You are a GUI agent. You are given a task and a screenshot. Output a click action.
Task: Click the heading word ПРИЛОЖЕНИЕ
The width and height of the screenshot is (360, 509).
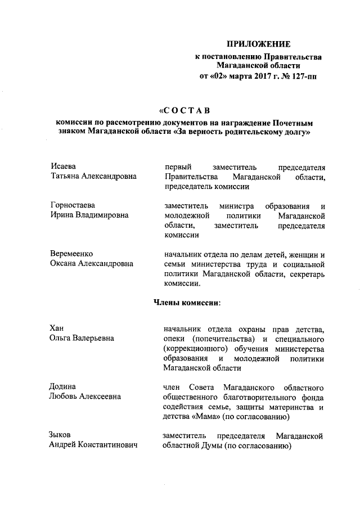coord(258,44)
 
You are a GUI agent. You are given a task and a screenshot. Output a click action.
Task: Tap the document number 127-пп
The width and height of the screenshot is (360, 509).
coord(304,75)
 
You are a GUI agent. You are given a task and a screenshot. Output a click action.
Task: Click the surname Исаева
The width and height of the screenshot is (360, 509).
coord(63,166)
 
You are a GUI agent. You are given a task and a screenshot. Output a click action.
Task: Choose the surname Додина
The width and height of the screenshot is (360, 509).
coord(64,386)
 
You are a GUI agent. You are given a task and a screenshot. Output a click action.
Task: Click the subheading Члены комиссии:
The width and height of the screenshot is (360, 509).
coord(187,303)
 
